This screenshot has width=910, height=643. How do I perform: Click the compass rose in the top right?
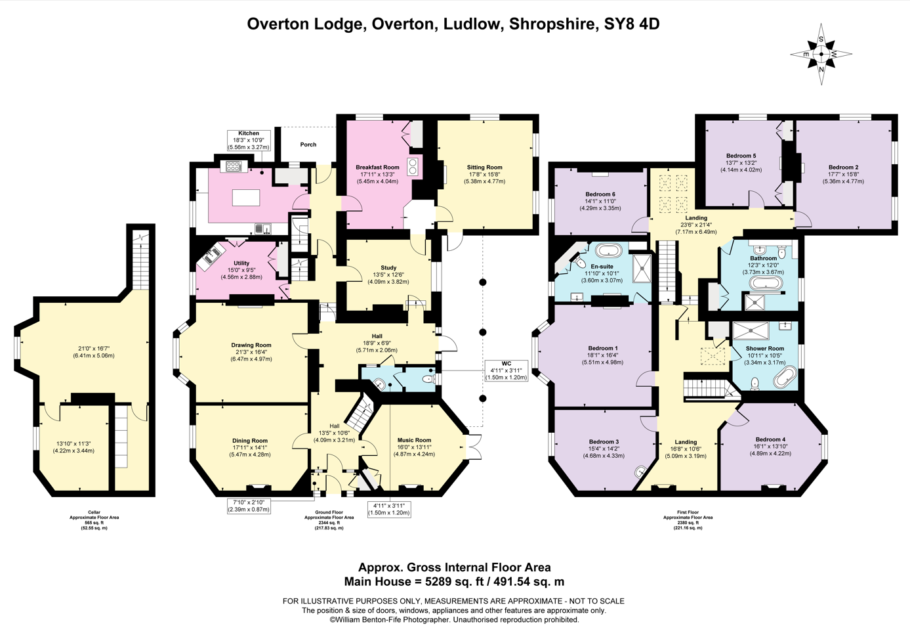821,55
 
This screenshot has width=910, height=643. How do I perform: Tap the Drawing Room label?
251,345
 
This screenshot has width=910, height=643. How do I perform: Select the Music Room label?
414,440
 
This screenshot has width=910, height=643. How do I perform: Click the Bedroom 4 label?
770,439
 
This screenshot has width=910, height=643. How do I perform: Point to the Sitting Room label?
484,167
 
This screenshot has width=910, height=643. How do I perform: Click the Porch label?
308,144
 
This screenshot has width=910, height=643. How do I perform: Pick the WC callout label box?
506,370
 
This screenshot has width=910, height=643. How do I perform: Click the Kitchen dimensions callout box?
249,141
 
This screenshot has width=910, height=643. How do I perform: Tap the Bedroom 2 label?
843,167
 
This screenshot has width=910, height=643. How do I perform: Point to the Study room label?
388,268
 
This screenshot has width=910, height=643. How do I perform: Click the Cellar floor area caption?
94,520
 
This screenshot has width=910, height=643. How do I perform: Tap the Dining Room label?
250,441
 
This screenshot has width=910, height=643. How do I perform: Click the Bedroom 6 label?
600,194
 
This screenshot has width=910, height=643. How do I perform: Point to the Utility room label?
241,263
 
